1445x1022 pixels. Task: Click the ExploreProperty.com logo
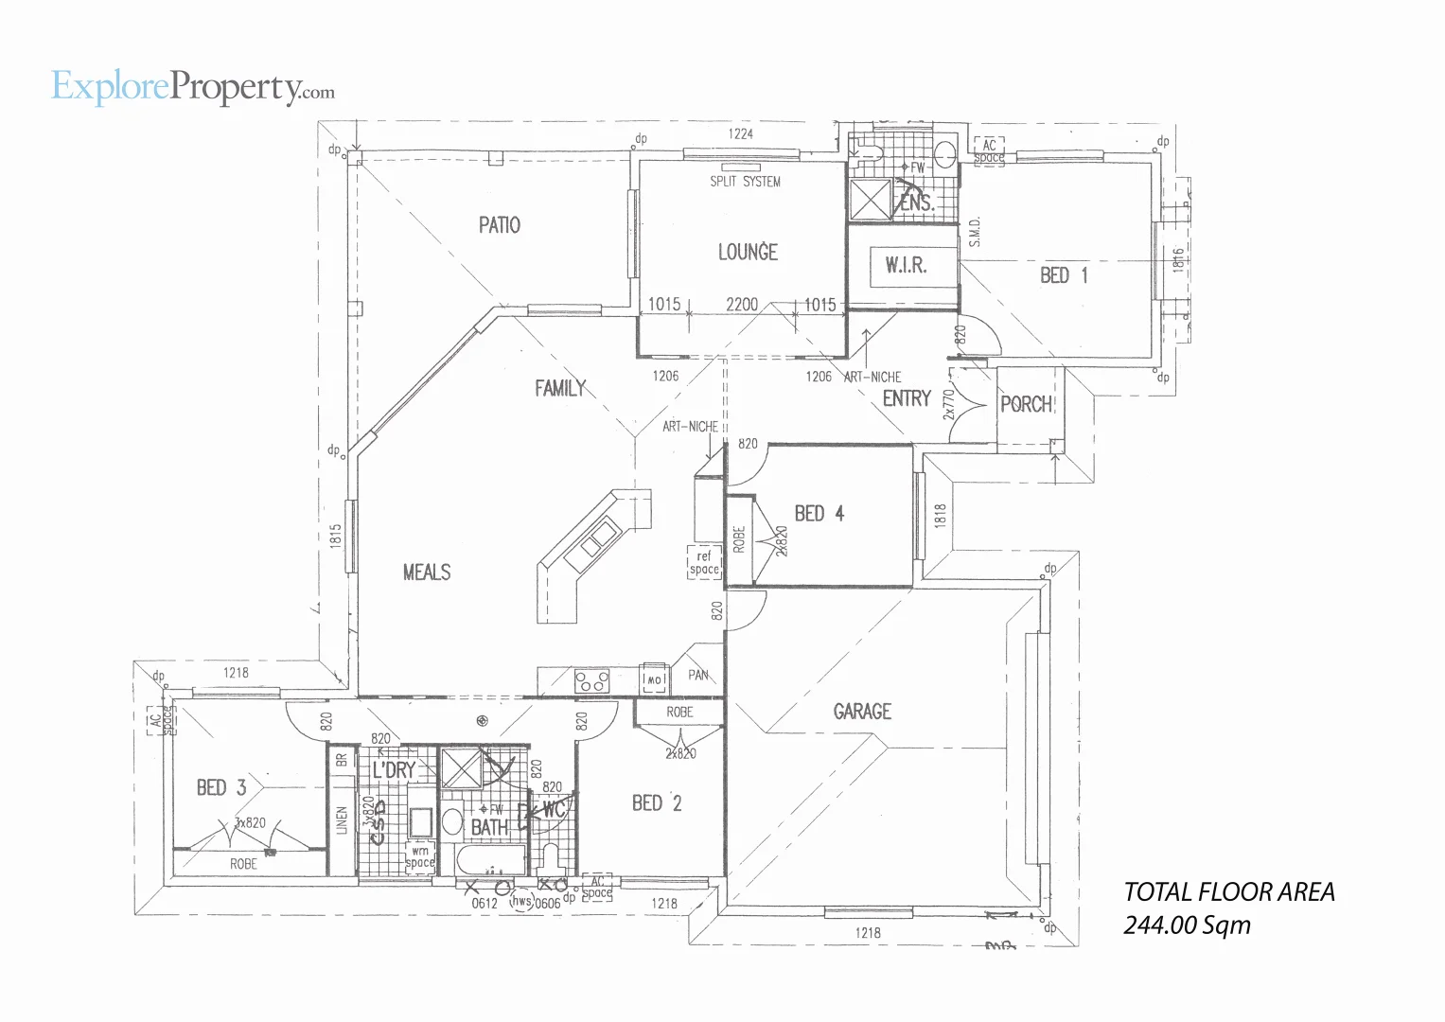[192, 87]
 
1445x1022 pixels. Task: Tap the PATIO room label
[499, 225]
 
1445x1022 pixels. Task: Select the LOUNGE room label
[748, 252]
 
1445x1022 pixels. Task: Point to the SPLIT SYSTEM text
[746, 182]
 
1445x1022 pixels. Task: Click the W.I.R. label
[906, 266]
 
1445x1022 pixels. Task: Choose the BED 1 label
[1064, 275]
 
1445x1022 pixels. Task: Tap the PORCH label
[1027, 404]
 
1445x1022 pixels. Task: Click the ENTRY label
[907, 398]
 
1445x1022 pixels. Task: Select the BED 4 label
[819, 514]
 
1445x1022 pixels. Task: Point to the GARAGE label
[862, 711]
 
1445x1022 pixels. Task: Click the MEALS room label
[427, 573]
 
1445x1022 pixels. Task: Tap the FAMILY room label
[560, 388]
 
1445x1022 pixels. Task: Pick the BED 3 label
[221, 787]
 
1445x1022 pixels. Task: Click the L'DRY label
[394, 770]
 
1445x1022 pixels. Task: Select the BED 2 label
[657, 803]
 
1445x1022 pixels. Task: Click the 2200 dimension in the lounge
[742, 304]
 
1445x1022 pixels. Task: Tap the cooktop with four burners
[592, 679]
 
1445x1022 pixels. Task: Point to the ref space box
[704, 563]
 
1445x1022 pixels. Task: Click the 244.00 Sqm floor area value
[1187, 925]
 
